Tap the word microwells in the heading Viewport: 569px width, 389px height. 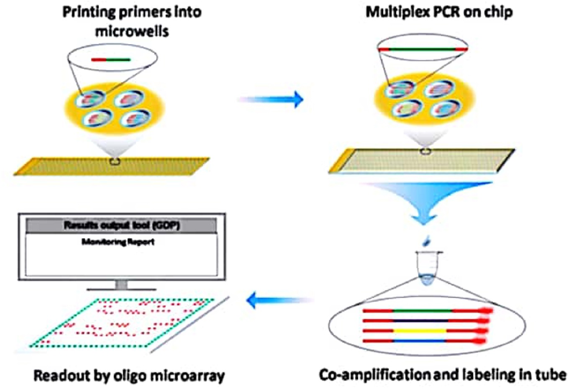(x=132, y=31)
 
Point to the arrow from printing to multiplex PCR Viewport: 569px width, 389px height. (x=271, y=99)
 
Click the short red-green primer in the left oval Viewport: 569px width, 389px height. (x=111, y=60)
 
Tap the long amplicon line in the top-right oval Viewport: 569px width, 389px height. (x=423, y=49)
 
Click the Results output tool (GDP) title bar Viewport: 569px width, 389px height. (x=121, y=225)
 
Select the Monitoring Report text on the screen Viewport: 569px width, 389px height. (x=118, y=242)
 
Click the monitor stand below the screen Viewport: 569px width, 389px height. (x=121, y=285)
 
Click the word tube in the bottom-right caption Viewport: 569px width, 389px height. (x=550, y=375)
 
